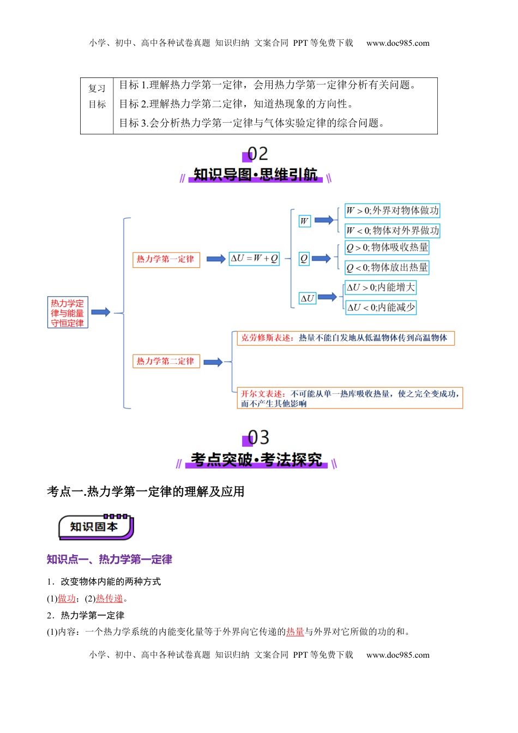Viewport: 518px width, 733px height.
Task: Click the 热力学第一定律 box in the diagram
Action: (166, 260)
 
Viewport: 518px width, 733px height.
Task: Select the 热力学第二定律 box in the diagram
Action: (166, 361)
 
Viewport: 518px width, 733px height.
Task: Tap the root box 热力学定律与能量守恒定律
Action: (68, 313)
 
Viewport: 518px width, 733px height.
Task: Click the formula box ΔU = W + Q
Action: (255, 259)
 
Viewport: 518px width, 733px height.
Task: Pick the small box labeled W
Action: (304, 221)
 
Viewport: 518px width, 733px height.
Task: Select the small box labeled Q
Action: (304, 259)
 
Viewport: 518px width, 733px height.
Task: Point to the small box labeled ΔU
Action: (308, 298)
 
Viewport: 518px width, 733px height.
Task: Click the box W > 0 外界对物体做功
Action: (392, 211)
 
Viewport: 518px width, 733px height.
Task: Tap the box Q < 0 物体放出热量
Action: (387, 268)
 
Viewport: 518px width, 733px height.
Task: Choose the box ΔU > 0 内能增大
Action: (381, 287)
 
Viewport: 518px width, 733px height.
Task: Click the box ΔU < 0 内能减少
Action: (381, 308)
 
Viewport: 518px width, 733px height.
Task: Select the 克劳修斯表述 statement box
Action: (345, 338)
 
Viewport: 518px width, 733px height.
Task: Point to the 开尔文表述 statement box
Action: (350, 398)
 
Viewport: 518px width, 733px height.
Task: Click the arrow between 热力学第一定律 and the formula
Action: (216, 259)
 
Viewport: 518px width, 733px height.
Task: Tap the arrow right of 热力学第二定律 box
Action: (213, 362)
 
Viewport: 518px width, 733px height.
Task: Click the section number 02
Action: (257, 154)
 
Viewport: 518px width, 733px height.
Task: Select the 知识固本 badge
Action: (95, 527)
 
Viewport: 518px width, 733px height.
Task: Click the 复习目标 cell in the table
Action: (97, 97)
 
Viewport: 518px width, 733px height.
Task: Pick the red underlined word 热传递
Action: (110, 599)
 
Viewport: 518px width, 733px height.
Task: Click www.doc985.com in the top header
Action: (397, 43)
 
